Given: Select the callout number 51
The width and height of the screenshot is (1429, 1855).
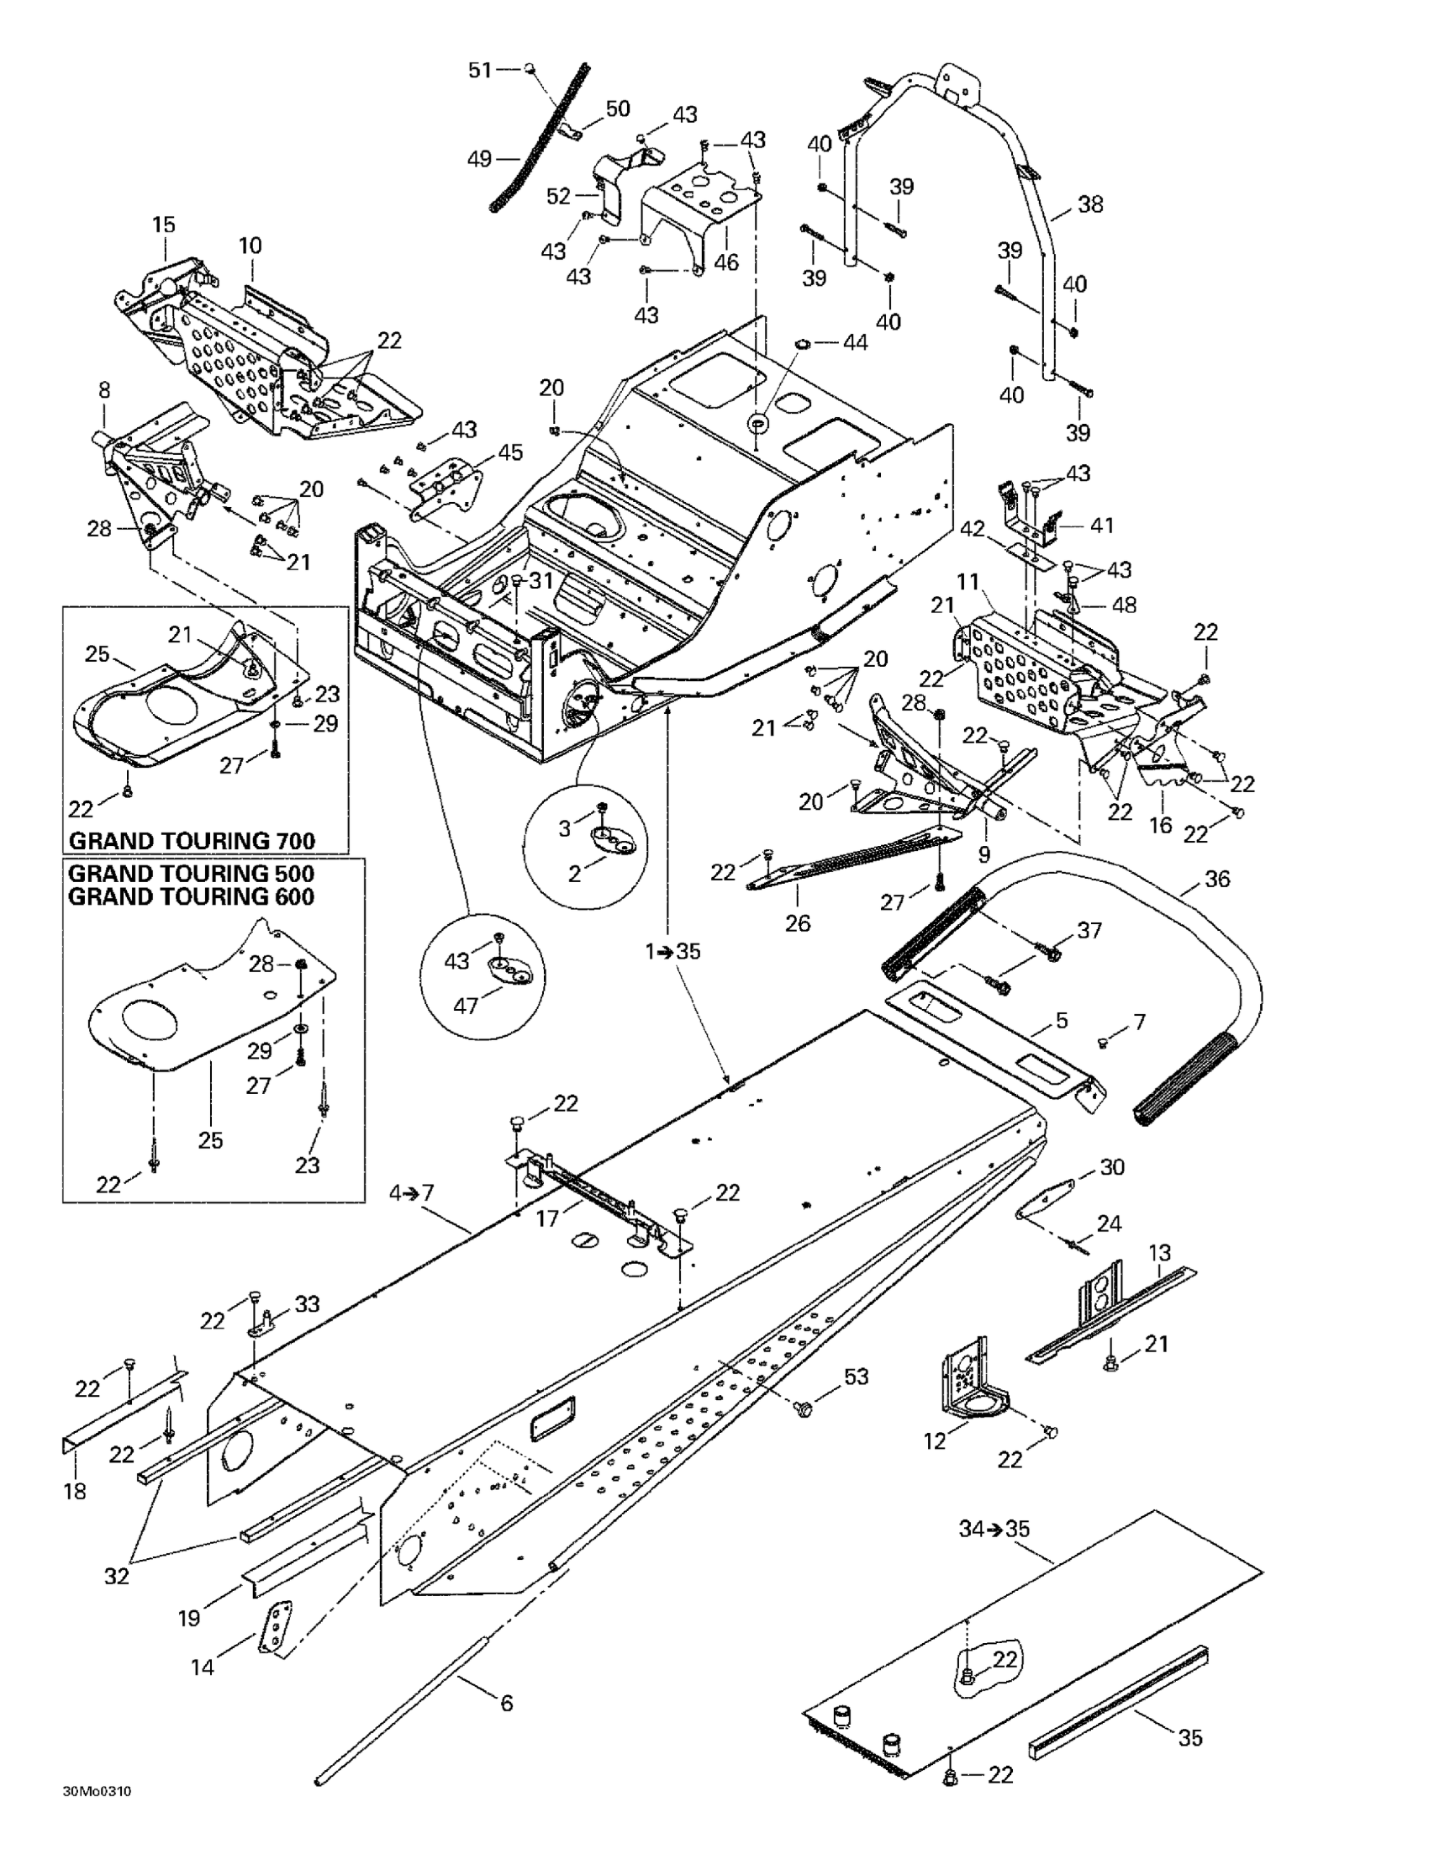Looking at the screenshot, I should click(x=481, y=71).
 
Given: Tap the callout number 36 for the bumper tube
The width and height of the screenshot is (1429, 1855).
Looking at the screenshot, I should click(x=1216, y=879).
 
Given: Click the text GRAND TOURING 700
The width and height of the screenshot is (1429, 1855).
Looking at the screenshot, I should click(x=192, y=841).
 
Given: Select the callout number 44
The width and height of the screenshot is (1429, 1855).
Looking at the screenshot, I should click(x=855, y=343).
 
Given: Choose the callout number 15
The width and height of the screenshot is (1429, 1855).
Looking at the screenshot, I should click(x=164, y=225).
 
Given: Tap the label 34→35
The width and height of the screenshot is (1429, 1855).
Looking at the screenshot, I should click(x=994, y=1529).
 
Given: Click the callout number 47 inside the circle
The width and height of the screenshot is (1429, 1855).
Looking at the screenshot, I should click(x=466, y=1006).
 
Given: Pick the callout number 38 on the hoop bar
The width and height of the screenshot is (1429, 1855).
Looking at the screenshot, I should click(x=1090, y=204).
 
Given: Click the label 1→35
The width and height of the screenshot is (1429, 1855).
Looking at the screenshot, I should click(x=672, y=951).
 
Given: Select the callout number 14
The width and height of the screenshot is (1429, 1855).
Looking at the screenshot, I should click(x=202, y=1667).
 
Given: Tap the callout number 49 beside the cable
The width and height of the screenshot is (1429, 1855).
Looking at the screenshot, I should click(x=480, y=159).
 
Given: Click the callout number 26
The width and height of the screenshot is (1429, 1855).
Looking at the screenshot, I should click(x=797, y=922).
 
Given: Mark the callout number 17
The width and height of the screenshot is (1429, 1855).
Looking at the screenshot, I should click(x=548, y=1218).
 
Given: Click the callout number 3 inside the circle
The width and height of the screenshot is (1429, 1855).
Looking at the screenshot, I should click(x=565, y=829).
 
